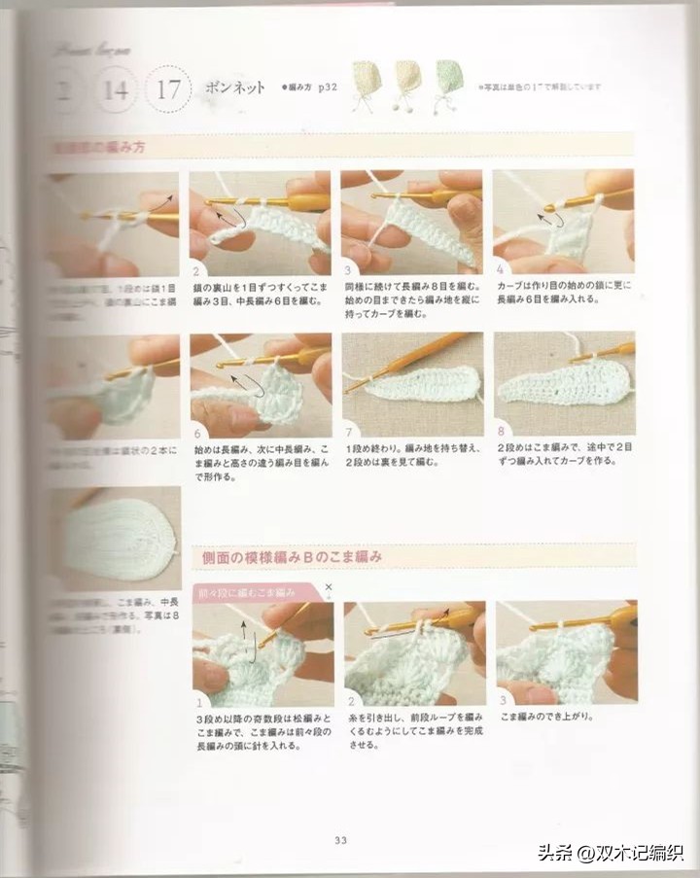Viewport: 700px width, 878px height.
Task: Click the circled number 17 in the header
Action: (168, 90)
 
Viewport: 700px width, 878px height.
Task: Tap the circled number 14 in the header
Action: (115, 90)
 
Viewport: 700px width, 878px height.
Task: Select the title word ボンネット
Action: (235, 88)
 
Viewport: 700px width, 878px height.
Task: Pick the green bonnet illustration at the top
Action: (446, 82)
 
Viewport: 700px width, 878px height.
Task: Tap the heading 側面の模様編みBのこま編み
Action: (292, 557)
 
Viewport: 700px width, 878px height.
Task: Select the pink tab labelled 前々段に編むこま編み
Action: (247, 591)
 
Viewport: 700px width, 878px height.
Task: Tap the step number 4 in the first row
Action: (500, 269)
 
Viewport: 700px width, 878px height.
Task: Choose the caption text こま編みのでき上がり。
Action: (546, 717)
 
